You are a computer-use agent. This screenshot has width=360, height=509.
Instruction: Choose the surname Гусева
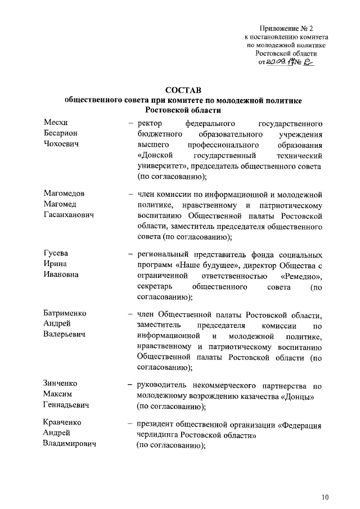click(57, 253)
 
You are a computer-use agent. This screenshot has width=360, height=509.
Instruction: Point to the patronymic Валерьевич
click(64, 335)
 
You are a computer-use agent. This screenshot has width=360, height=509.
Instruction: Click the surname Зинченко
click(62, 384)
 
